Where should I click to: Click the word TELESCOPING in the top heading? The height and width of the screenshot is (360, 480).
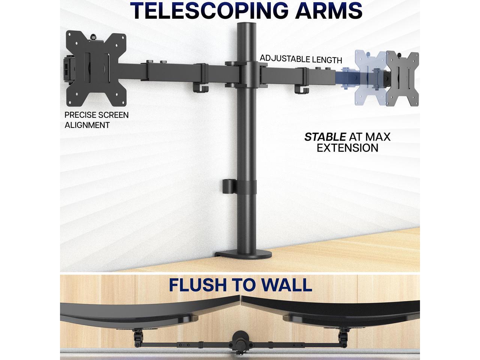pos(208,10)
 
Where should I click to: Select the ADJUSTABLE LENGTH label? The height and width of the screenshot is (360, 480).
pos(301,59)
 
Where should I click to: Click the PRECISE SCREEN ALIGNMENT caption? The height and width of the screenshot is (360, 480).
pos(96,120)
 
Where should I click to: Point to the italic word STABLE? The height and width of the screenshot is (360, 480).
pos(325,137)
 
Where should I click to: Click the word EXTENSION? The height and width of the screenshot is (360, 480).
pos(347,148)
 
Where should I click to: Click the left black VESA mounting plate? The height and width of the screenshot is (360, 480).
pos(96,69)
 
